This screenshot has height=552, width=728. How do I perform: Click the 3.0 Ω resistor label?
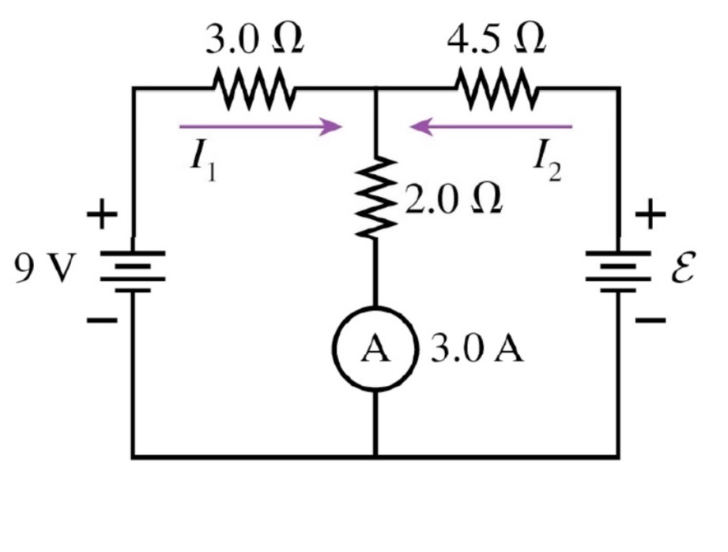pyautogui.click(x=255, y=40)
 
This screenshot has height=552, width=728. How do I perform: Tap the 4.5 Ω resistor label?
pyautogui.click(x=496, y=40)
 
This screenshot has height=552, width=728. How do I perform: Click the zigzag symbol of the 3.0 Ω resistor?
pyautogui.click(x=254, y=89)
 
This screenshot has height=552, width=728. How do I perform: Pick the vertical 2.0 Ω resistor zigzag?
pyautogui.click(x=375, y=196)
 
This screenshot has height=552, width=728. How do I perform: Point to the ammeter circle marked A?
pyautogui.click(x=375, y=350)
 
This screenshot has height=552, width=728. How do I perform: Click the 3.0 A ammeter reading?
pyautogui.click(x=477, y=350)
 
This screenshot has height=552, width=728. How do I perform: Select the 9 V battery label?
pyautogui.click(x=43, y=270)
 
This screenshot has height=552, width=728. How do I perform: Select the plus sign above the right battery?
pyautogui.click(x=650, y=214)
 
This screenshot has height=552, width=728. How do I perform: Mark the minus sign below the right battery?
pyautogui.click(x=651, y=321)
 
